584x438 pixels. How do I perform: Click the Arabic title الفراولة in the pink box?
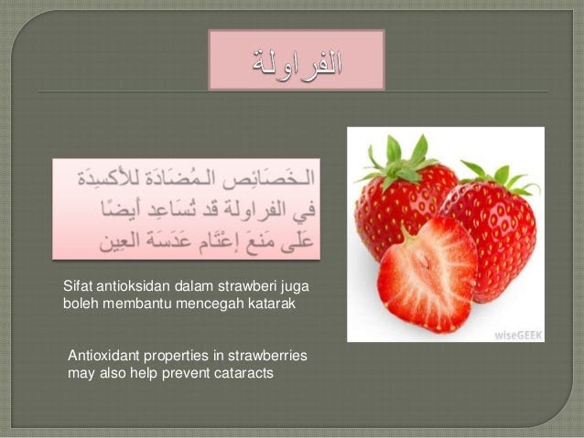pyautogui.click(x=297, y=63)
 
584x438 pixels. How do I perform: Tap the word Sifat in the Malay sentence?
pyautogui.click(x=78, y=286)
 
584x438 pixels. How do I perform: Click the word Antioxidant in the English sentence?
pyautogui.click(x=103, y=356)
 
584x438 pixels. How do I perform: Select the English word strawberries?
pyautogui.click(x=267, y=356)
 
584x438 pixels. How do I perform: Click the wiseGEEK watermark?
pyautogui.click(x=518, y=335)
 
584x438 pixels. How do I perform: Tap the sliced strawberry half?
pyautogui.click(x=427, y=274)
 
